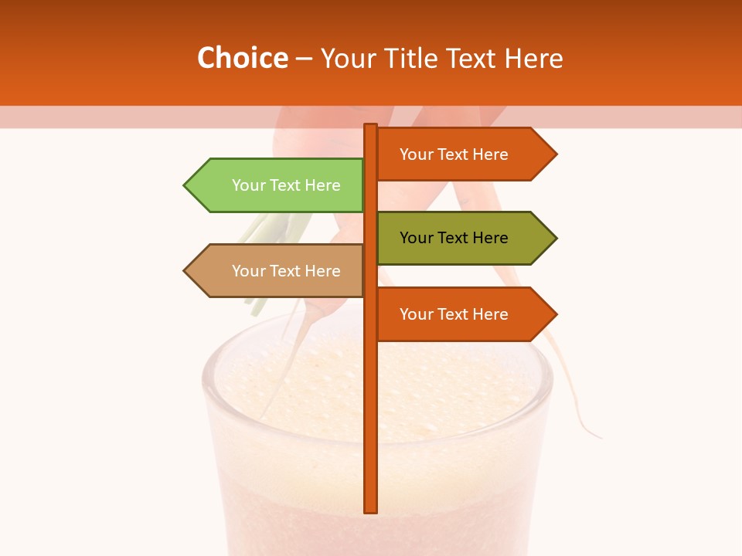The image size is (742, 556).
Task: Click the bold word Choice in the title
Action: pos(242,58)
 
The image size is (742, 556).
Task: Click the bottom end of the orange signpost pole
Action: pos(371,510)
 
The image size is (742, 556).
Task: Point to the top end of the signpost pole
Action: pos(371,127)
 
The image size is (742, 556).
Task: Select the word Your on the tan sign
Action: pos(249,271)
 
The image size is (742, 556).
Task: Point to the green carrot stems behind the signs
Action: pos(259,232)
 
